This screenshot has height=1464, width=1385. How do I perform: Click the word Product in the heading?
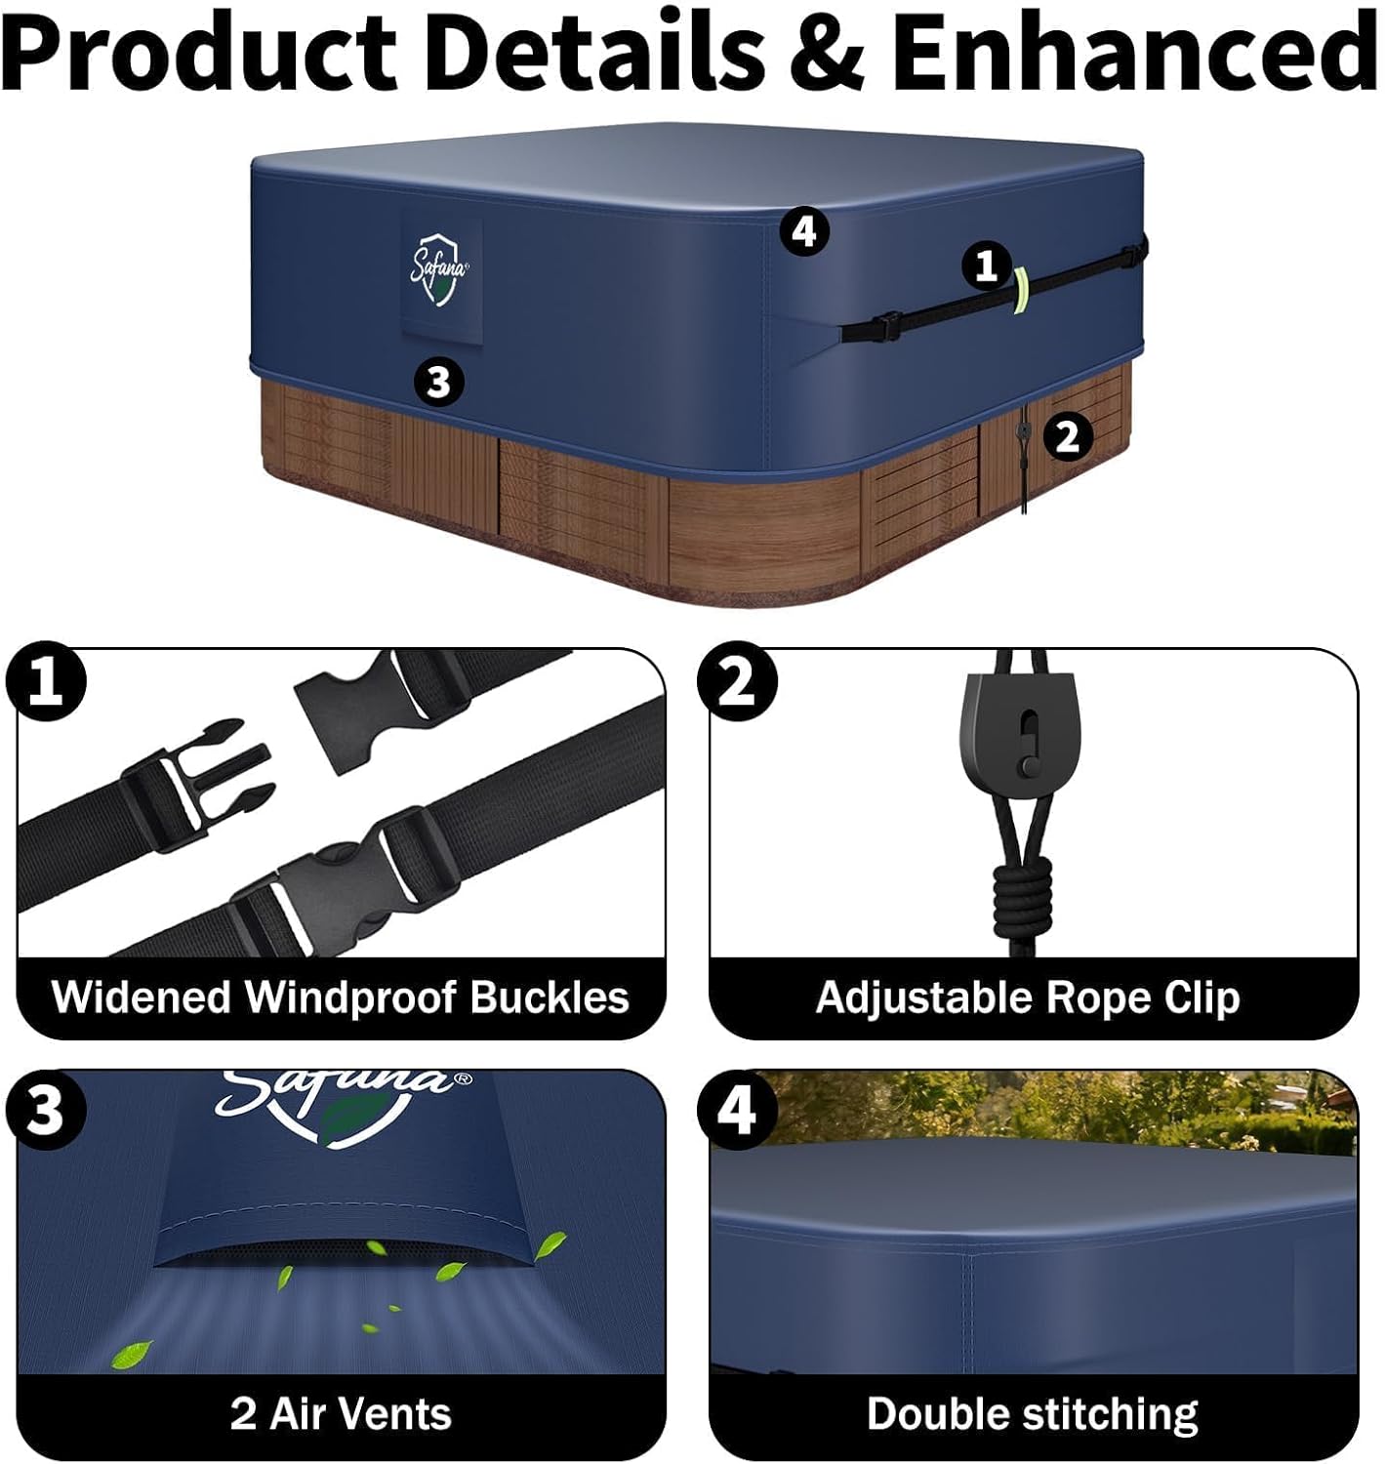tap(199, 52)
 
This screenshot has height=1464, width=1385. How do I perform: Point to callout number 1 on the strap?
tap(986, 265)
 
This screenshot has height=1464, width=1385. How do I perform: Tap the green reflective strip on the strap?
tap(1022, 291)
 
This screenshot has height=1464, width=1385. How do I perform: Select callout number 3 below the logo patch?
tap(438, 382)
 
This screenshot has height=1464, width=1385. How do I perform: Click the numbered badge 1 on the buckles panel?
tap(46, 680)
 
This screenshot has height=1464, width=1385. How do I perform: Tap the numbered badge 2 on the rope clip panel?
tap(737, 680)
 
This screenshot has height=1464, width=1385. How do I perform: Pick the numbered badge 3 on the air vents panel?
tap(46, 1110)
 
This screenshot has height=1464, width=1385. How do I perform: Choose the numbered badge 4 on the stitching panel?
tap(737, 1110)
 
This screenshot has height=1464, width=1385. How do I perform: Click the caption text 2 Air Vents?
tap(341, 1413)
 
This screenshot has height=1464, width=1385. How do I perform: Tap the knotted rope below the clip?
tap(1022, 891)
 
